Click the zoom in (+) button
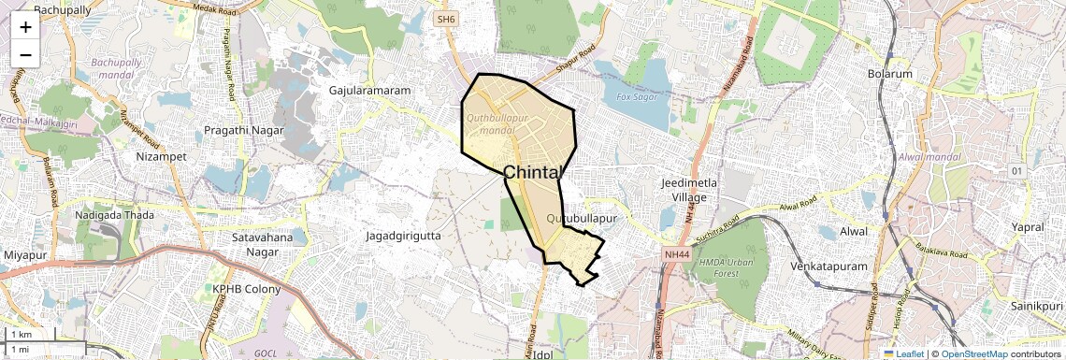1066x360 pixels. [25, 26]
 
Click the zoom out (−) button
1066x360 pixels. [25, 54]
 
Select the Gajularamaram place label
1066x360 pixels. [370, 91]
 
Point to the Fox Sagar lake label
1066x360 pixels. [638, 96]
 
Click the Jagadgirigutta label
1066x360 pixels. [402, 236]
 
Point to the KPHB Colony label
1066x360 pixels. [247, 289]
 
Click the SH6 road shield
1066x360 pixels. [444, 18]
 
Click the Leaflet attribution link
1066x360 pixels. [903, 353]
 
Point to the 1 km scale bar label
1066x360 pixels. [22, 334]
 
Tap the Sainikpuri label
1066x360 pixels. [1038, 306]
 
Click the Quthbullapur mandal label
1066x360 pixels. [497, 124]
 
